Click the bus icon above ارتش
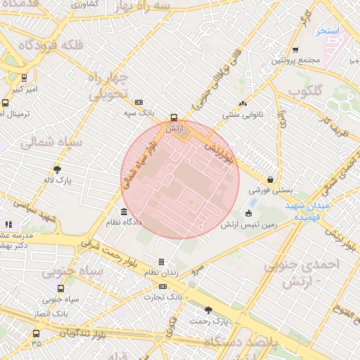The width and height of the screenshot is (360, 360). tap(174, 118)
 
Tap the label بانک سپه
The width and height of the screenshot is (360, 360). tap(139, 112)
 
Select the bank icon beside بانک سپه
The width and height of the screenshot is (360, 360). tap(139, 102)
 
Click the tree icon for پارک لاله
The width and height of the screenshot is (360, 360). tap(57, 169)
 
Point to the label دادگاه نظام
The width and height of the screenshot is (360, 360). tap(124, 222)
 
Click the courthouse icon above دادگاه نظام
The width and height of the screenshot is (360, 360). tap(124, 212)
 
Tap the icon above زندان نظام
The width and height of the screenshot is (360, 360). tap(161, 262)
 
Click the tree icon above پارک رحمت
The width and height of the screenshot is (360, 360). tap(208, 310)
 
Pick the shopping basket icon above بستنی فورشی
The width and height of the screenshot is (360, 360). tap(270, 179)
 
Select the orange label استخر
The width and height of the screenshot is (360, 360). tap(328, 32)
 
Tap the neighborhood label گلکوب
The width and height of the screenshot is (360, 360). tap(305, 91)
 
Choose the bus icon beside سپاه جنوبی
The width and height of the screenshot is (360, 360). tap(61, 288)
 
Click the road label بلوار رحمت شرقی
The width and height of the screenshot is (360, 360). tap(98, 246)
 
